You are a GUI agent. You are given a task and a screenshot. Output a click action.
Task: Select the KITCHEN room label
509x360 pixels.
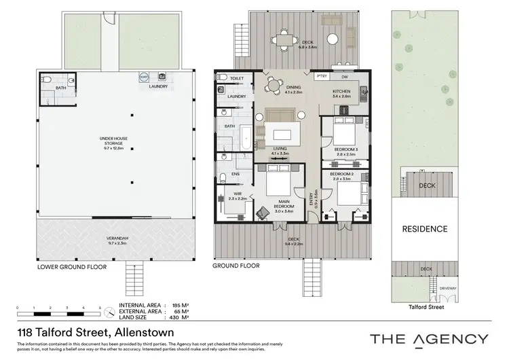341,93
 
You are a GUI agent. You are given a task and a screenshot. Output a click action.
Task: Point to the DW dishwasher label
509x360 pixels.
345,77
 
